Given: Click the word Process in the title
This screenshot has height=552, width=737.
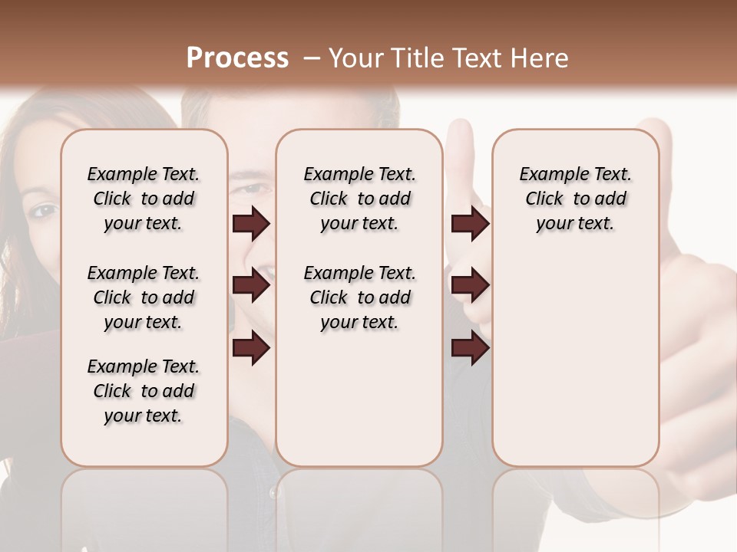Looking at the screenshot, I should click(237, 58).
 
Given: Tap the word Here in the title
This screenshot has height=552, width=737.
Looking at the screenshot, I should click(539, 58).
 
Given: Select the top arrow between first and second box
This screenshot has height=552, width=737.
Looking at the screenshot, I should click(251, 224).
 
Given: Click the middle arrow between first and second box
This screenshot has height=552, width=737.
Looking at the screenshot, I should click(251, 286).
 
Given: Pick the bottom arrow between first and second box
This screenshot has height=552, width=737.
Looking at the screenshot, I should click(251, 349).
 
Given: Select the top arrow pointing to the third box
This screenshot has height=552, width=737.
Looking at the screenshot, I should click(470, 224).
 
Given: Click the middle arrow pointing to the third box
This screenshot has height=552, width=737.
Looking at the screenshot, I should click(470, 286).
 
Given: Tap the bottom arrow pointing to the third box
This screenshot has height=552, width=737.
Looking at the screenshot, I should click(470, 349).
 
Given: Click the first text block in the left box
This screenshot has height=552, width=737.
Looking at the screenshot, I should click(144, 199).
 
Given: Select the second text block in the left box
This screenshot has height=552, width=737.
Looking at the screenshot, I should click(144, 297).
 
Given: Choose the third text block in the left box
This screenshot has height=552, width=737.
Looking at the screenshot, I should click(144, 391).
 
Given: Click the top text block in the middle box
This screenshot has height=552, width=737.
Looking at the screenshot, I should click(359, 199).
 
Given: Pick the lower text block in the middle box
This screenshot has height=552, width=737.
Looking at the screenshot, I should click(359, 297).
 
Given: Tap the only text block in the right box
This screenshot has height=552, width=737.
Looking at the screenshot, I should click(575, 199).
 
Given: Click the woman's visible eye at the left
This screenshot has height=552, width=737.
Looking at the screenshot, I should click(45, 210).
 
